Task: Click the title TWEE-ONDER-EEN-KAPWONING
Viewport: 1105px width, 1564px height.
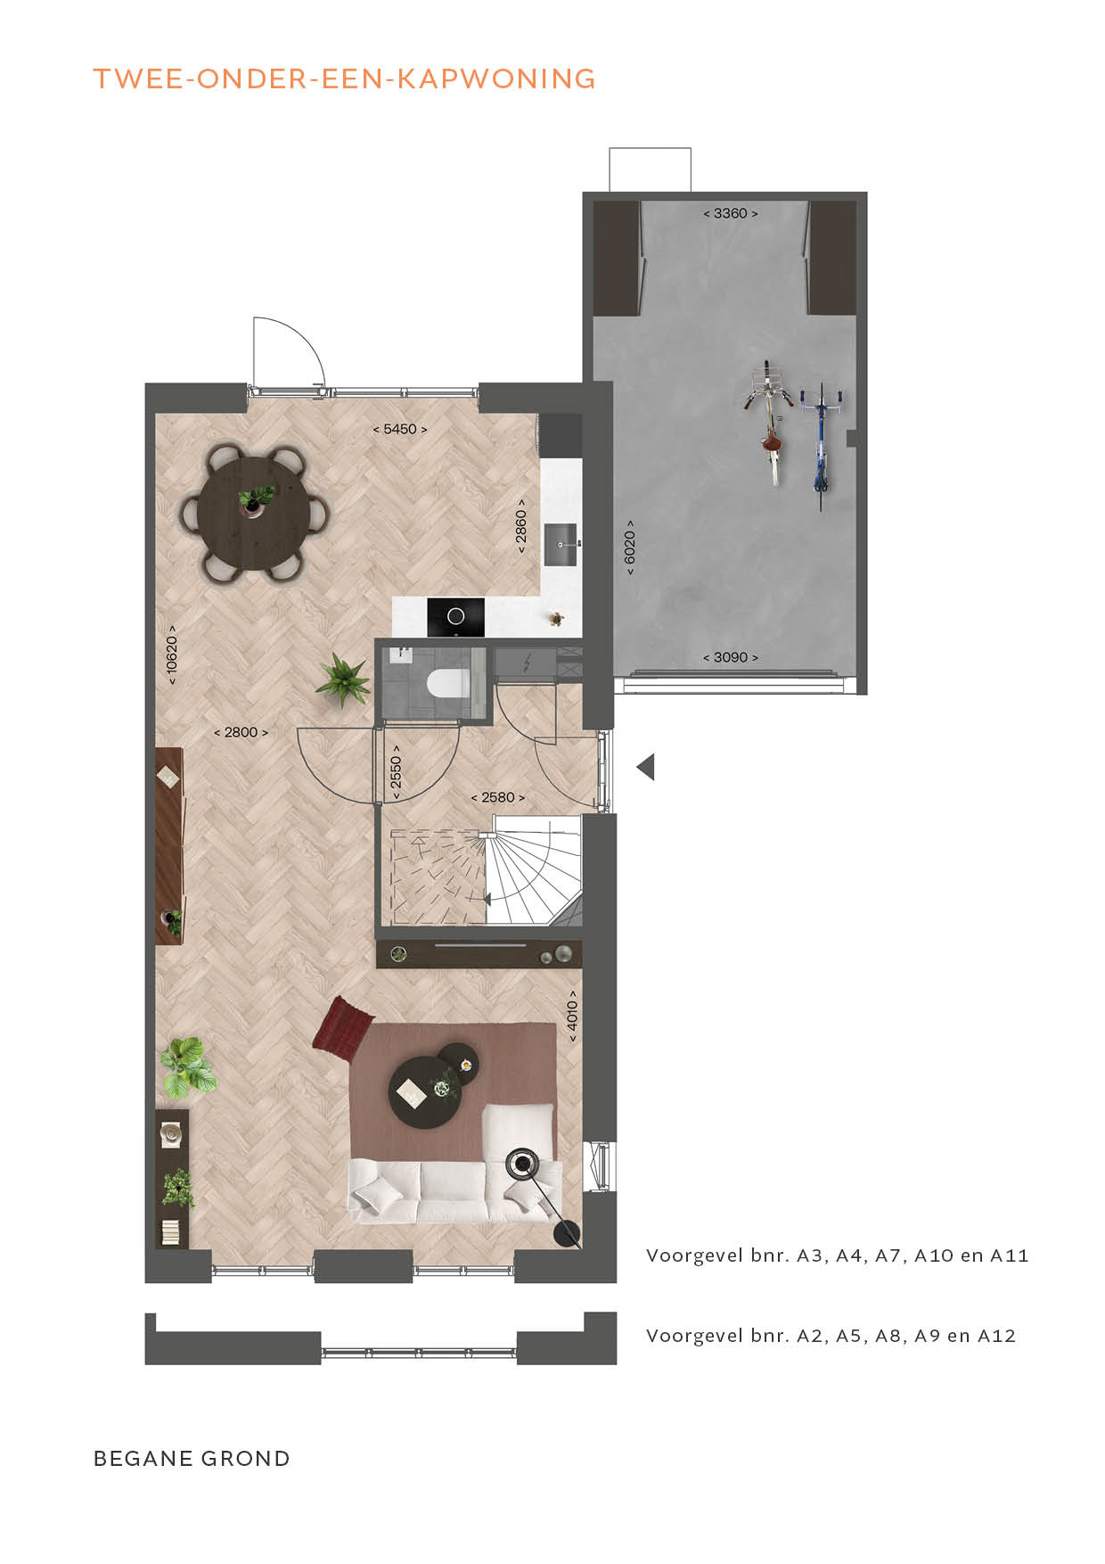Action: click(344, 79)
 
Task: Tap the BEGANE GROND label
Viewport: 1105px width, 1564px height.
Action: click(192, 1459)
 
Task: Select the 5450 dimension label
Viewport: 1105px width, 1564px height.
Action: click(400, 429)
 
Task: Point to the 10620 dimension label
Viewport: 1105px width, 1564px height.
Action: click(171, 654)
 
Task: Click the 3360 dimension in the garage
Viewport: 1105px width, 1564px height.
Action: click(731, 213)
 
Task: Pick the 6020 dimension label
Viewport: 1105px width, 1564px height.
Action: click(630, 547)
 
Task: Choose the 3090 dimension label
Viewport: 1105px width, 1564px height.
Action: click(731, 657)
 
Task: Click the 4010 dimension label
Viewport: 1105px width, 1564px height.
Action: click(572, 1016)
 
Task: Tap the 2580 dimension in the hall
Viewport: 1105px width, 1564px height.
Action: click(498, 797)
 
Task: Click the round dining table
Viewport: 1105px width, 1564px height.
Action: click(255, 513)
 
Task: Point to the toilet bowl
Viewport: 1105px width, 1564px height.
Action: click(448, 685)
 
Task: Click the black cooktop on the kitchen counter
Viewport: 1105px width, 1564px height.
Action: click(456, 617)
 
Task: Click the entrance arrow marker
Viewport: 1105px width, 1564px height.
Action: click(645, 767)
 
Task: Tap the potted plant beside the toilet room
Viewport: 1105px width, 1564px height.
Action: click(342, 680)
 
